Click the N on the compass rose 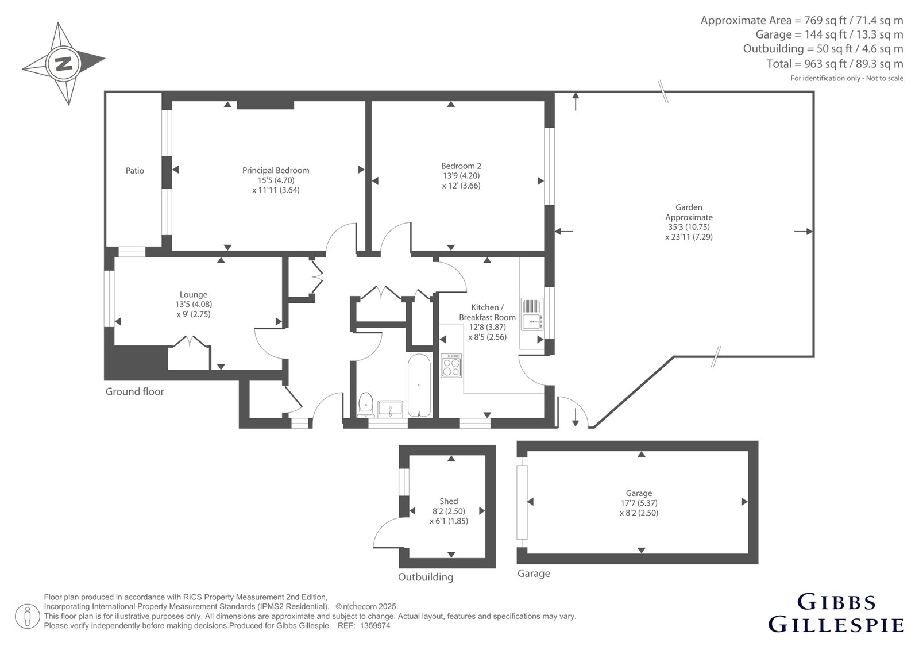64,64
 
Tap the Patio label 134,171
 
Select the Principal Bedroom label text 276,170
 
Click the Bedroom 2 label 461,166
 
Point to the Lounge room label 193,294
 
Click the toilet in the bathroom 365,405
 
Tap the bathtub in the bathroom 419,384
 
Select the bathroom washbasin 390,409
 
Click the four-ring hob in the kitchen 451,365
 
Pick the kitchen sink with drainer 532,314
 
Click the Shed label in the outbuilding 449,501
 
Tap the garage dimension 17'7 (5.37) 639,503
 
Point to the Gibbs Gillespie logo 836,613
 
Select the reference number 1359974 375,626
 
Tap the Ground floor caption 134,391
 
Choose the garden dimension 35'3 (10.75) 689,226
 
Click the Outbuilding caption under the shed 426,577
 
